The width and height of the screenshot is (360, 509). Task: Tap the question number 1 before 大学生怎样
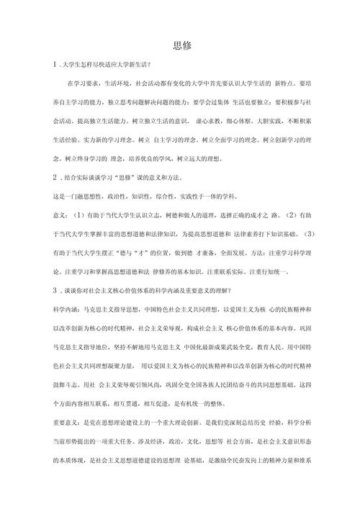pyautogui.click(x=45, y=66)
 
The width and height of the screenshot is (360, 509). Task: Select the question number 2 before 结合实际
pyautogui.click(x=45, y=177)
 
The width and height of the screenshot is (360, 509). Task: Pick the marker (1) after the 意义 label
pyautogui.click(x=78, y=215)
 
